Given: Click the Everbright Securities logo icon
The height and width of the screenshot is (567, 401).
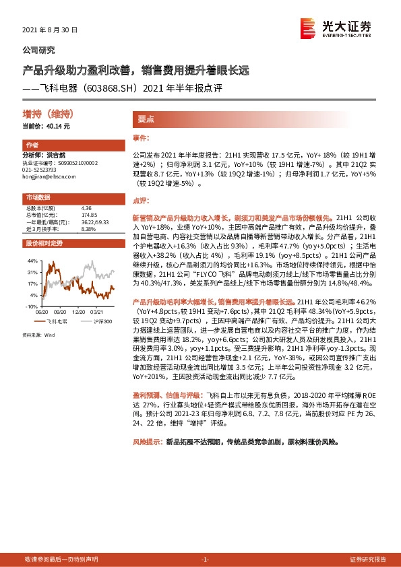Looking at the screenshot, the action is [x=308, y=27].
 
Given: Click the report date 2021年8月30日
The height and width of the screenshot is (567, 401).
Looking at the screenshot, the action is [x=51, y=30].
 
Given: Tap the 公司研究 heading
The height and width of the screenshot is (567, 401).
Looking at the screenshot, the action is [x=39, y=50].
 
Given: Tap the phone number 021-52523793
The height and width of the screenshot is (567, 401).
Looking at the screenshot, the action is [x=42, y=169].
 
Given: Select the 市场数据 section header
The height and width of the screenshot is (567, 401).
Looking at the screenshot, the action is [x=38, y=197].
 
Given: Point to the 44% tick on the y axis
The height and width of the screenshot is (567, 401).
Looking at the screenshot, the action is [x=32, y=259].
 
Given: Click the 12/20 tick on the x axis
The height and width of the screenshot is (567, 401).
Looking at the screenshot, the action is [x=79, y=312].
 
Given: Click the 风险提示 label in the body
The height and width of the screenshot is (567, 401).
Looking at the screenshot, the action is [x=148, y=442].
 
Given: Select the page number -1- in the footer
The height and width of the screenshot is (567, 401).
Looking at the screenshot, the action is [x=206, y=559].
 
